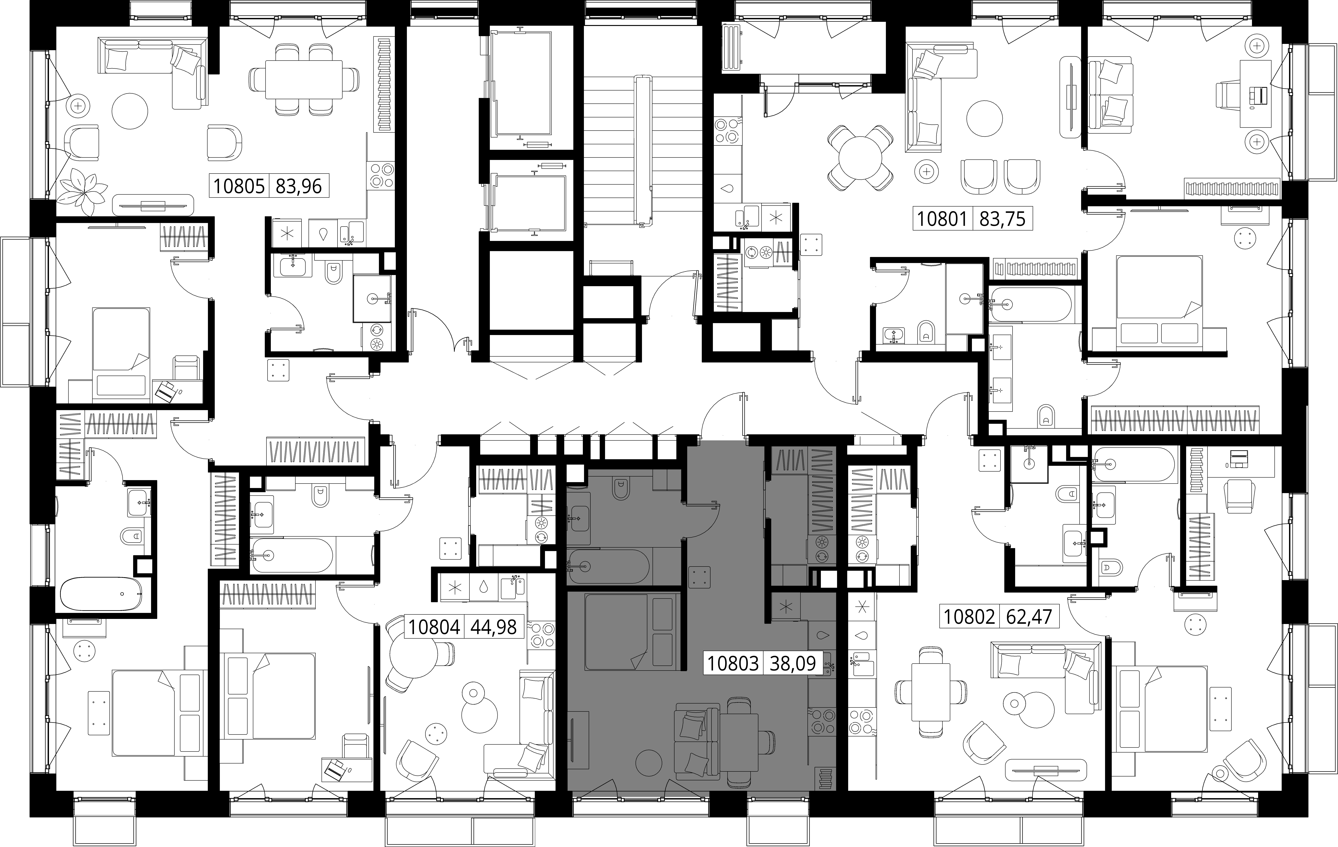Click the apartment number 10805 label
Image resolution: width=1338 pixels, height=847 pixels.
coord(239,186)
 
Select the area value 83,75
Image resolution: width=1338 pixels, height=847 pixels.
coord(1002,218)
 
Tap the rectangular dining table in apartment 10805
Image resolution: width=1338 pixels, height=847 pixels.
coord(304,79)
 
